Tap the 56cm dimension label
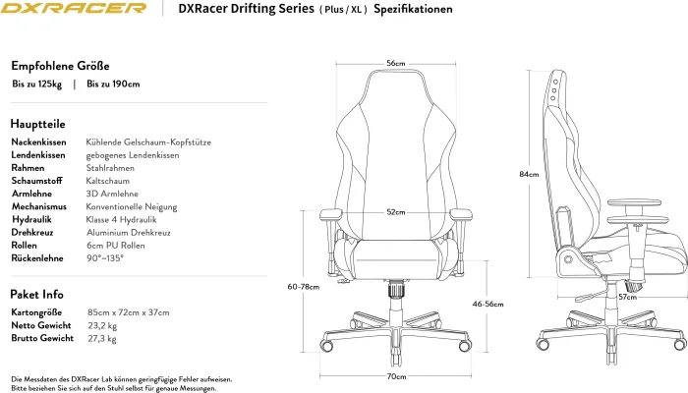click(x=395, y=64)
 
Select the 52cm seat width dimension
click(x=395, y=212)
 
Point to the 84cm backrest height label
click(x=529, y=174)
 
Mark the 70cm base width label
click(x=395, y=376)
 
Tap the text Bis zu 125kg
click(x=37, y=84)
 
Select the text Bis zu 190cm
click(x=113, y=84)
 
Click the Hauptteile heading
click(x=38, y=125)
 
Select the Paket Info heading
click(x=37, y=294)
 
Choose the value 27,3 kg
click(x=101, y=338)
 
